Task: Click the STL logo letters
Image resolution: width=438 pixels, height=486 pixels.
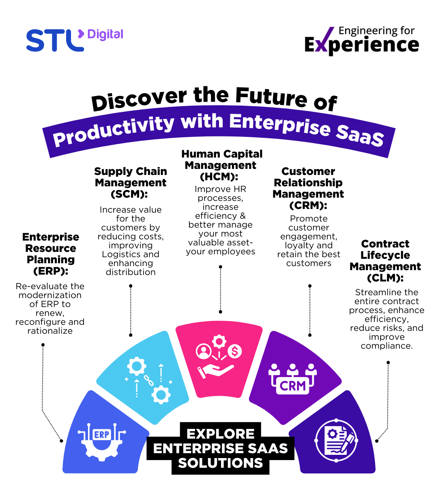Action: tap(55, 40)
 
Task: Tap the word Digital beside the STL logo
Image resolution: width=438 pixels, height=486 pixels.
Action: tap(105, 35)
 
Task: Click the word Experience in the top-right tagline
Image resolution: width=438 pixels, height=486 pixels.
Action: tap(362, 45)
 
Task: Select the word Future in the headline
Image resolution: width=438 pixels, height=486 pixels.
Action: tap(271, 97)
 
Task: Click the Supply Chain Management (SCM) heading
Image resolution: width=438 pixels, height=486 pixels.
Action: tap(131, 183)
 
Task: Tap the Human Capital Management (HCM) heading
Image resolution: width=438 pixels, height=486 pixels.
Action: tap(221, 165)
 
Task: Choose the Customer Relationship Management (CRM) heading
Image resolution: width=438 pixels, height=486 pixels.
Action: tap(308, 188)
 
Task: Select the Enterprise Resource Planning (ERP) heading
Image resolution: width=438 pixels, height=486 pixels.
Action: tap(51, 254)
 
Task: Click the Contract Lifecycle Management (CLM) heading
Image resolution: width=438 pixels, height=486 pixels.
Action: tap(385, 261)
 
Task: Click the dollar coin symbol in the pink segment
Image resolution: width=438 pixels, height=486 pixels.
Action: tap(234, 351)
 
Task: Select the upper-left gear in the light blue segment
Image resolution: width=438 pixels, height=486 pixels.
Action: tap(137, 367)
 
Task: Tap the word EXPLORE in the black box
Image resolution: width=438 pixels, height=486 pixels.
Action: tap(221, 434)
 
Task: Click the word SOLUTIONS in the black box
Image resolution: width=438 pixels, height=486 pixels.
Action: tap(221, 463)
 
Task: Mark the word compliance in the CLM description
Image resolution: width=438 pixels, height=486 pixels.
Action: tap(386, 346)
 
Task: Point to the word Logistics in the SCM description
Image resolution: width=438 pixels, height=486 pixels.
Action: tap(120, 254)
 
